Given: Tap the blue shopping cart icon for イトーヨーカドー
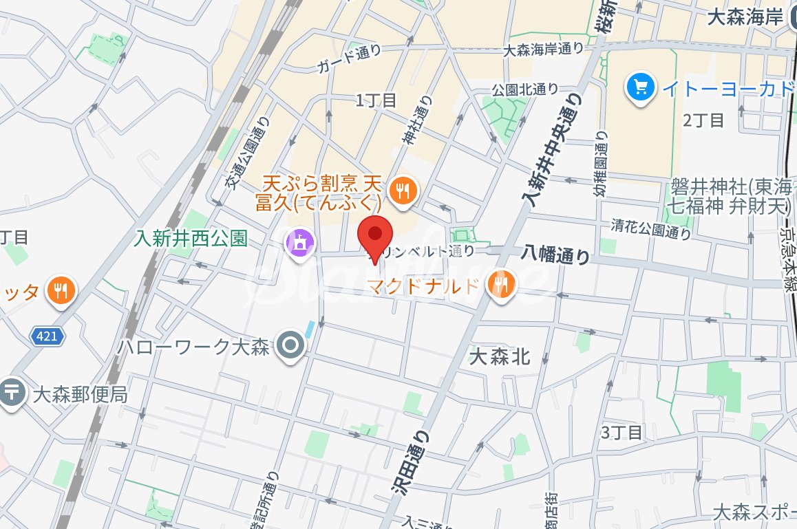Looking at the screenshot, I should click(641, 87).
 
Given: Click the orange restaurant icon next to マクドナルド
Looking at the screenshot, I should click(500, 285).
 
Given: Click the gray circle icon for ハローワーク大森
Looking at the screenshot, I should click(290, 347).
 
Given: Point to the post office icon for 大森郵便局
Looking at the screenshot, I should click(12, 393).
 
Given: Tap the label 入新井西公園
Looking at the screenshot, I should click(191, 239).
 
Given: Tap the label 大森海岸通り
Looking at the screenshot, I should click(543, 49).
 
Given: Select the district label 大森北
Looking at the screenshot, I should click(500, 356).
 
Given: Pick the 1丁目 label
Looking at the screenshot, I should click(376, 100).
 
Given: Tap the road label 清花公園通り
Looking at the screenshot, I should click(651, 230).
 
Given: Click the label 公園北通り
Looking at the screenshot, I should click(524, 89).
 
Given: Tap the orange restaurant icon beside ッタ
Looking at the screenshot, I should click(60, 290).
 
